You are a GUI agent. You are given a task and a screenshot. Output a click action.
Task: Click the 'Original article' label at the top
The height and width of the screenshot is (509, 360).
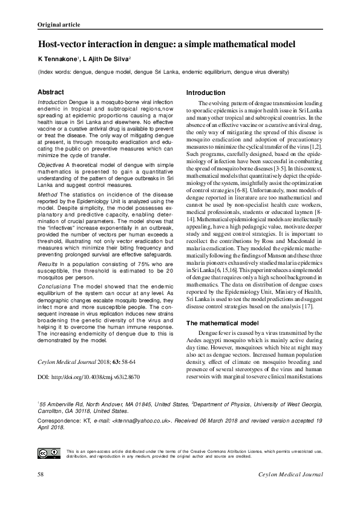(x=59, y=25)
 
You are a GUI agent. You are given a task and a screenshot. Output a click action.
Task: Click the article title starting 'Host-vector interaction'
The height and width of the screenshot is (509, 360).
(x=166, y=45)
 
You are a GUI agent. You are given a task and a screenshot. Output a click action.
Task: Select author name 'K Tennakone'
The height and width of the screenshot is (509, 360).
(x=58, y=59)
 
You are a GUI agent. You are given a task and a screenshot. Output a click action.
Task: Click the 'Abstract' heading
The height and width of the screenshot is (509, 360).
(x=51, y=91)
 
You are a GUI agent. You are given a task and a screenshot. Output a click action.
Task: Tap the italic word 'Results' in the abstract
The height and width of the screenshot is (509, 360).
(x=48, y=265)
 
